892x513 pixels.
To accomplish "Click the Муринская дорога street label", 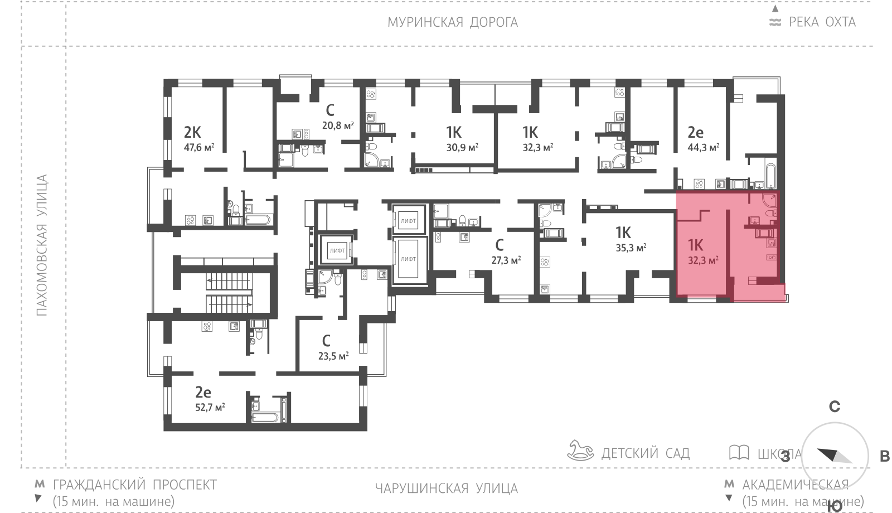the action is coord(453,22).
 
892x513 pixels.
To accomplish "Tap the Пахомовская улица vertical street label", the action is coord(42,245).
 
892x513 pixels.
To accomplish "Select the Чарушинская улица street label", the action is coord(447,488).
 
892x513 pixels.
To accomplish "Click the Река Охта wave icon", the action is coord(775,22).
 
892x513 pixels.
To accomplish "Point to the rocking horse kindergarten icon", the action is coord(580,451).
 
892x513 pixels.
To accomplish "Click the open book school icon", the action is coord(739,452).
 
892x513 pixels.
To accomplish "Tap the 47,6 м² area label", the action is coord(198,147).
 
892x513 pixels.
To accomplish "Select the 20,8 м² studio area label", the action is coord(338,125).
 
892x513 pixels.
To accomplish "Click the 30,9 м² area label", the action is coord(462,147).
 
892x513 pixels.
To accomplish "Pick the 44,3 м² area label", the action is coord(703,147).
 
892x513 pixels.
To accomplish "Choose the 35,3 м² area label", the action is coord(631,248).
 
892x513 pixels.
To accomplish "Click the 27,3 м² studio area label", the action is coord(506,260).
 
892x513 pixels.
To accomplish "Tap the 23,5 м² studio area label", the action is coord(333,356).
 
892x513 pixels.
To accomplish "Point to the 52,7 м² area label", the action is coord(210,408).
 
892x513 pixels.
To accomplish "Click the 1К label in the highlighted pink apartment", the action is coord(695,245).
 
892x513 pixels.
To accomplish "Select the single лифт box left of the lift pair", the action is coord(337,250).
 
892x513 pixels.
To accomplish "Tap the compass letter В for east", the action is coord(884,457).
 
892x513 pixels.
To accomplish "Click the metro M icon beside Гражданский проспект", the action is coord(40,485).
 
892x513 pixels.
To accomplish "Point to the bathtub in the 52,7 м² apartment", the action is coord(265,418).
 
